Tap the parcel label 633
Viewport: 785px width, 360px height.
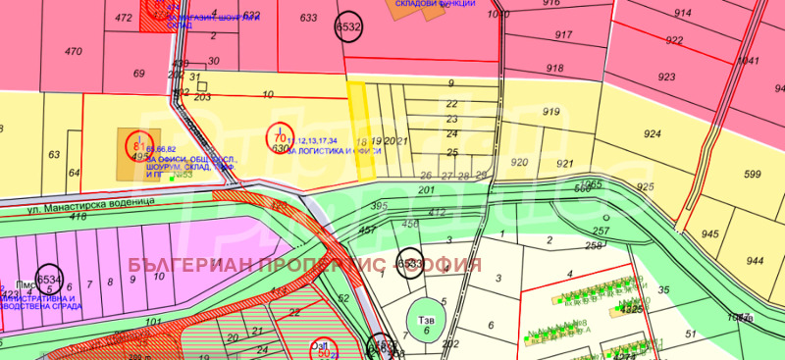point(308,18)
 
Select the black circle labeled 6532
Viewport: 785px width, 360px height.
point(348,27)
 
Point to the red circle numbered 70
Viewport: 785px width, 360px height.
point(281,138)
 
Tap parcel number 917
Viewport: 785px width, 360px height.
point(563,34)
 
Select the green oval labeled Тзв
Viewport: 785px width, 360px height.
point(425,323)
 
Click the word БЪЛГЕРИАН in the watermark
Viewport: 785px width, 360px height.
point(189,266)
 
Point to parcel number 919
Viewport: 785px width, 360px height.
point(550,112)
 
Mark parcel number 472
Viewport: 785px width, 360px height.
point(123,18)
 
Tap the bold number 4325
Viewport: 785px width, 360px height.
point(631,310)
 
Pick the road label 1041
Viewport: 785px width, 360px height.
point(749,60)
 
